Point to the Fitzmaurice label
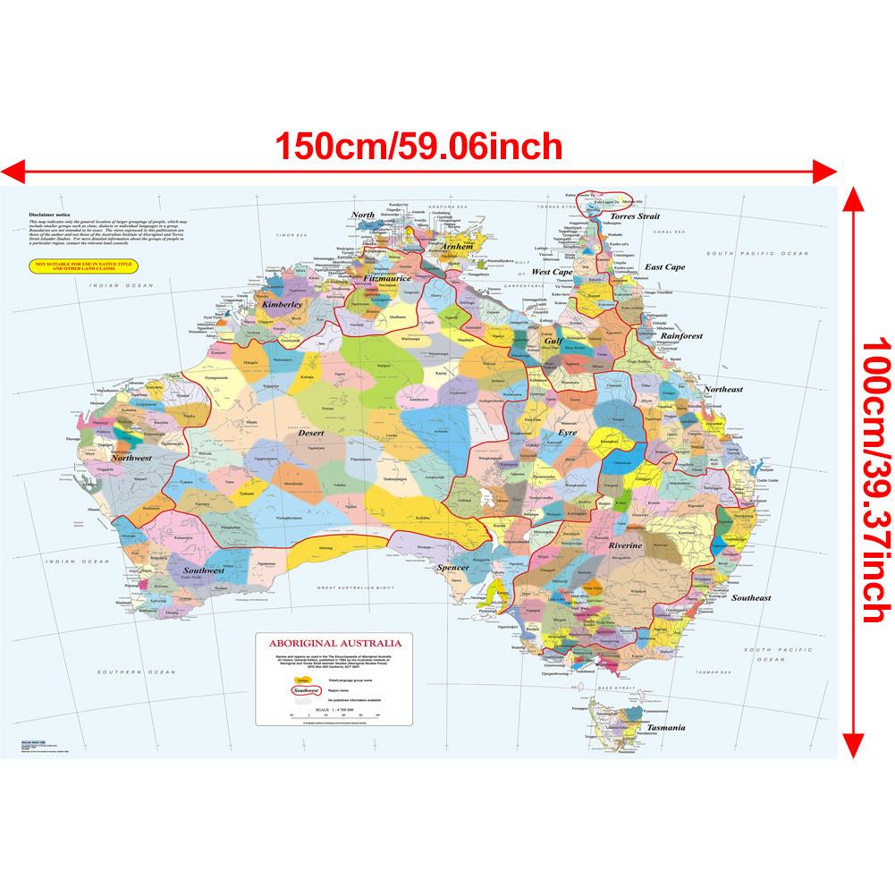pos(387,279)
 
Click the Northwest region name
pos(130,458)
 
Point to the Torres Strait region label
pos(634,216)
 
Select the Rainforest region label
pos(682,336)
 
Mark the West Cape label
pos(552,271)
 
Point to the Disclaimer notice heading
pos(48,215)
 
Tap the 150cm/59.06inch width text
pos(418,145)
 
